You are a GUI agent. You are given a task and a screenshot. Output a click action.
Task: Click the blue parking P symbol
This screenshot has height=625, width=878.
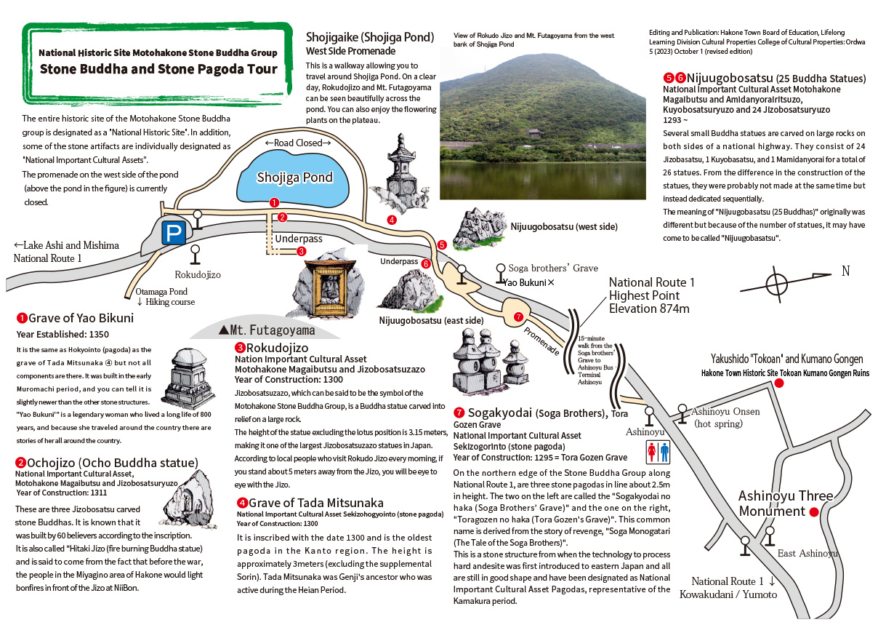(x=173, y=233)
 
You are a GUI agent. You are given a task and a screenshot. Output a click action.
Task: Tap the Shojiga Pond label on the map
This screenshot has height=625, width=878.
(x=294, y=178)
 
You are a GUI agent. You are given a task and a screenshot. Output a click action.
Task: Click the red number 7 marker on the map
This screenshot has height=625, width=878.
(x=518, y=317)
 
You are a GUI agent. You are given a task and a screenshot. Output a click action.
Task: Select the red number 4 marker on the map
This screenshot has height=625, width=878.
(x=392, y=220)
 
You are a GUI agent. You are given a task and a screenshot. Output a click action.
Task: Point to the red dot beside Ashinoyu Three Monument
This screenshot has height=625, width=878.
(x=814, y=511)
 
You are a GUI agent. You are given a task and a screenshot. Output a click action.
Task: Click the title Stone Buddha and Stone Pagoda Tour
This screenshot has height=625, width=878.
(x=158, y=69)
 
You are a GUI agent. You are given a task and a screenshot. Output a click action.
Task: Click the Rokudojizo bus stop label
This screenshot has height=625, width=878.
(x=197, y=275)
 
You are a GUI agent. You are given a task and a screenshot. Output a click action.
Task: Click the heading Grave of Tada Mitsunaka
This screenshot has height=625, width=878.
(x=315, y=503)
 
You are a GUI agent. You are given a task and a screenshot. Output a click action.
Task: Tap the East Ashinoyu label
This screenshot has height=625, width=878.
(x=807, y=554)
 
